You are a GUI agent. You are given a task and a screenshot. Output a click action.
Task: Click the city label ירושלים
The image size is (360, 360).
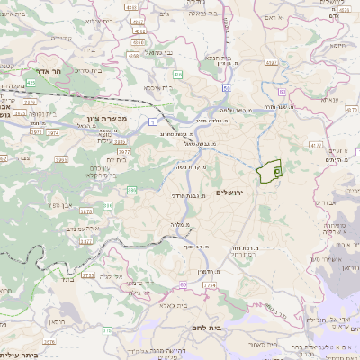click(x=231, y=193)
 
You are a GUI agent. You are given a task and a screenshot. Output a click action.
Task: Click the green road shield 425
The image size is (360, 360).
click(x=31, y=82)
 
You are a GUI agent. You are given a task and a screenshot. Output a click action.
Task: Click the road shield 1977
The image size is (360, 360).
click(x=122, y=152)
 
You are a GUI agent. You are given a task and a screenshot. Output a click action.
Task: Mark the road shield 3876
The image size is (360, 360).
click(x=87, y=210)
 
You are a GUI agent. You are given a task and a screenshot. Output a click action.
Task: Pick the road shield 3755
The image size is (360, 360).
click(x=87, y=275)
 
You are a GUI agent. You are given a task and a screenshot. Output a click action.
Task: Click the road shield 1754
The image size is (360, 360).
click(x=210, y=285)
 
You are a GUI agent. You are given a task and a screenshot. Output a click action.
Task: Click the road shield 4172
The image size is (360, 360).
click(x=314, y=144)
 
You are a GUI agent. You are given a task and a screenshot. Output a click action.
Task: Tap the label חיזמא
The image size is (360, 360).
click(x=337, y=45)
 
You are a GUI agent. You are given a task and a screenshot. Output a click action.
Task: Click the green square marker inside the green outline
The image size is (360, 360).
click(x=276, y=168)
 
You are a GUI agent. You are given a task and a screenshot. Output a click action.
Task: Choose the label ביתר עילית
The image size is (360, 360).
click(x=19, y=355)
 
